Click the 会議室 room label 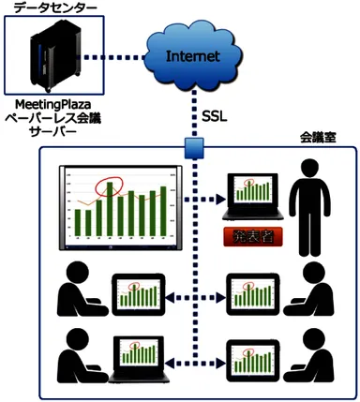317,138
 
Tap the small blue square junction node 194,147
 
